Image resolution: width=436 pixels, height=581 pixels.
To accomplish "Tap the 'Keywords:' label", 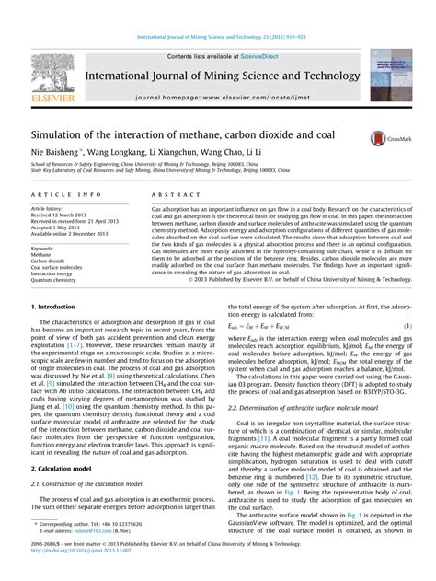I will coord(46,248).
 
